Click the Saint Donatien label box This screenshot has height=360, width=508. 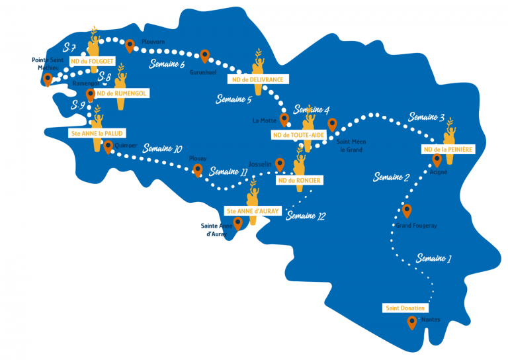coord(405,308)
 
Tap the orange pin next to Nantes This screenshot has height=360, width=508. coord(412,322)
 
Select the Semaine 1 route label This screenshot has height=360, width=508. coord(433,258)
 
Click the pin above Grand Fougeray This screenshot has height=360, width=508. coord(407,210)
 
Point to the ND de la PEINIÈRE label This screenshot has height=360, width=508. coord(448,150)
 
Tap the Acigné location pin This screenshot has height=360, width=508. coord(437,160)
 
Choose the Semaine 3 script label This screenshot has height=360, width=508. coord(426,116)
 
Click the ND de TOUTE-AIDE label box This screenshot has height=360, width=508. coord(298,135)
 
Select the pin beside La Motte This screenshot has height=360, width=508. coord(284,120)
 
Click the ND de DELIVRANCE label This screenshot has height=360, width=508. coord(258,79)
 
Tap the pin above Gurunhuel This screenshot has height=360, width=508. coord(204,56)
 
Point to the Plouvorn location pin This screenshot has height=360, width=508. coord(130,46)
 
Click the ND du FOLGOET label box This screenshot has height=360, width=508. coord(93,62)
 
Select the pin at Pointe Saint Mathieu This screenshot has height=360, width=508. coord(48,79)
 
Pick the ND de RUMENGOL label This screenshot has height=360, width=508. coord(122,93)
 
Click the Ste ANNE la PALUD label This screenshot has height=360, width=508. coord(97,133)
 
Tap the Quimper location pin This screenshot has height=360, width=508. coord(108,147)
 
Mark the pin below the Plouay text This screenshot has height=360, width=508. coord(198,170)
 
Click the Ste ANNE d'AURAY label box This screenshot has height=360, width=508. coord(253,211)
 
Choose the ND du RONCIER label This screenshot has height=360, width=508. coord(300,181)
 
